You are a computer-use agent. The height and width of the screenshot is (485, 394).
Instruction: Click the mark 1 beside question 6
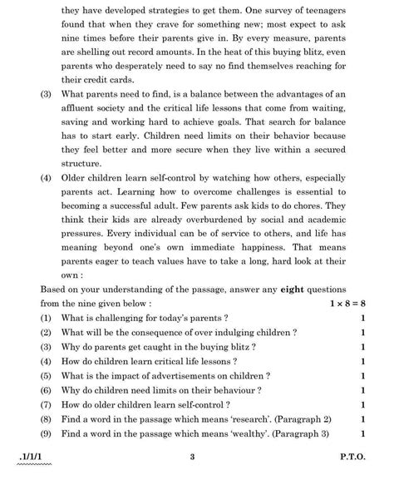362,389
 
